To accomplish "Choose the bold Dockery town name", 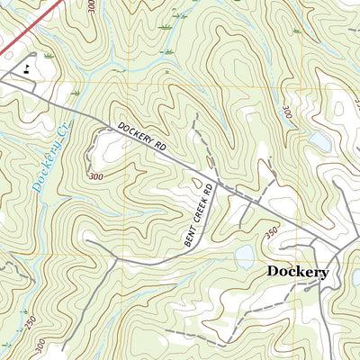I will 297,271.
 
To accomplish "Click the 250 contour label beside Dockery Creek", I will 29,321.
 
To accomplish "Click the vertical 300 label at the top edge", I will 91,8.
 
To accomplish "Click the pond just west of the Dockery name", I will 247,259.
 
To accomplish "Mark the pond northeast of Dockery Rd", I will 319,140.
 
